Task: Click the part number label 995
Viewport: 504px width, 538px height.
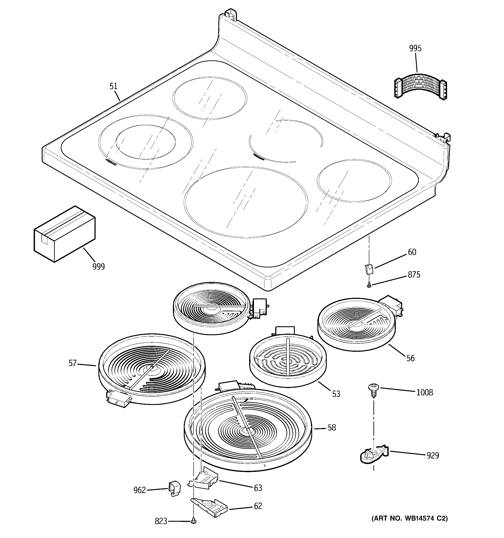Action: pyautogui.click(x=415, y=48)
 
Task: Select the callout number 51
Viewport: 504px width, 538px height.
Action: pyautogui.click(x=113, y=86)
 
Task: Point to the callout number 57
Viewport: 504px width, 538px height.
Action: pyautogui.click(x=73, y=363)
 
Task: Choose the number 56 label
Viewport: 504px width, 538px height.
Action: pyautogui.click(x=410, y=358)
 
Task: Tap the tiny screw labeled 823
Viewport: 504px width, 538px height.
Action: pyautogui.click(x=193, y=520)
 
